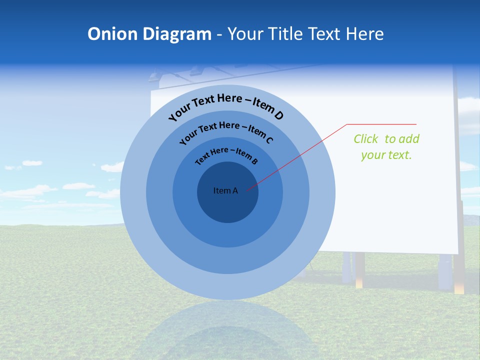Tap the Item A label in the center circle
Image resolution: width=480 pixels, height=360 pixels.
pyautogui.click(x=225, y=190)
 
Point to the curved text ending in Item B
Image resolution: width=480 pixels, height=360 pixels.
pyautogui.click(x=226, y=155)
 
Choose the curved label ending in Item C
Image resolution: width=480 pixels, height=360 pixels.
pyautogui.click(x=225, y=131)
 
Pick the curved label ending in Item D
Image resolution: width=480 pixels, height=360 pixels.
pyautogui.click(x=225, y=105)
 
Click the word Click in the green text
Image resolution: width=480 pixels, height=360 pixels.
pyautogui.click(x=366, y=139)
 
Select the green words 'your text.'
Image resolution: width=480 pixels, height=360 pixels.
pyautogui.click(x=386, y=155)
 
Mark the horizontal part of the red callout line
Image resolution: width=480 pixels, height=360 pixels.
pyautogui.click(x=381, y=124)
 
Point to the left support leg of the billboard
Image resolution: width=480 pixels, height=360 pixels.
pyautogui.click(x=359, y=270)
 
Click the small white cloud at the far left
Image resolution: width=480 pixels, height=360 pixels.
pyautogui.click(x=32, y=163)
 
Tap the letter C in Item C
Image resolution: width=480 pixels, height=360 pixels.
pyautogui.click(x=269, y=140)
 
